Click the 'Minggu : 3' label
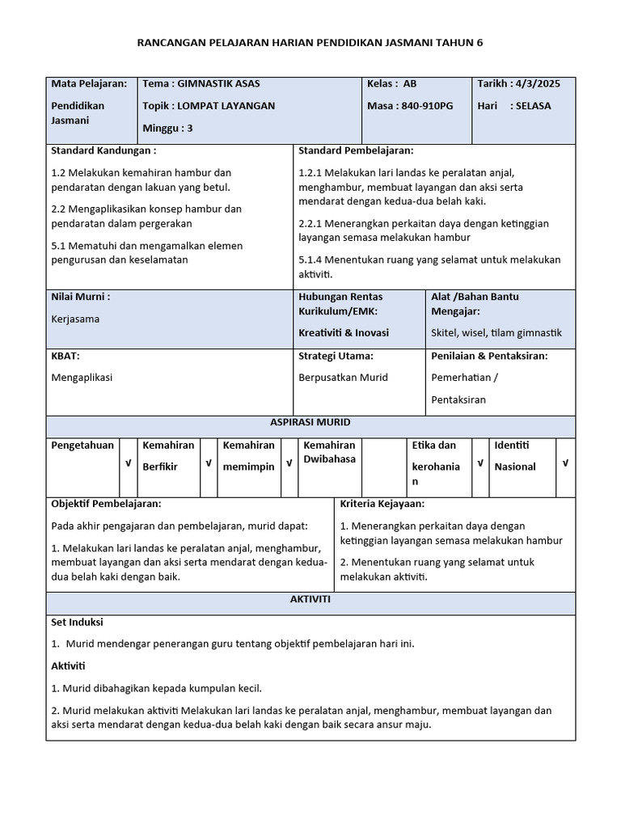point(168,128)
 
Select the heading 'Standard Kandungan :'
point(103,151)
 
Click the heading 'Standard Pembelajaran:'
point(356,151)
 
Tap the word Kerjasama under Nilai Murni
point(75,319)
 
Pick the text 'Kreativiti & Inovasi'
point(344,333)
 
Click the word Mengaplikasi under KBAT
point(82,378)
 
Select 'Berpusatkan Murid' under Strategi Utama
point(344,378)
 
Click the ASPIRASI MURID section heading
point(310,423)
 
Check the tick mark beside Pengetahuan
point(128,463)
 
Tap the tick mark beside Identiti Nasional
point(565,463)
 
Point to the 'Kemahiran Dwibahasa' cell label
point(329,452)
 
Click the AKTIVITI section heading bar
point(310,600)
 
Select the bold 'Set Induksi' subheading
point(77,623)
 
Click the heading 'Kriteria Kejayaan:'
point(382,504)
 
